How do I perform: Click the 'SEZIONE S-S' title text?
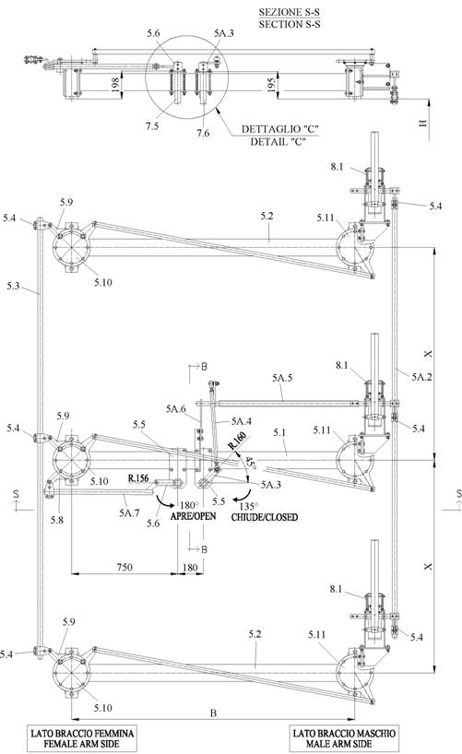coord(290,12)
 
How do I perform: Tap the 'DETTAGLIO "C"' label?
coord(280,129)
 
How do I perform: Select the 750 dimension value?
coord(124,567)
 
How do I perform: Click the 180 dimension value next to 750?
coord(190,567)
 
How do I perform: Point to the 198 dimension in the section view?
coord(115,85)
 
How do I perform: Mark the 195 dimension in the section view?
coord(271,85)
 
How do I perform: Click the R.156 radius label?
coord(138,478)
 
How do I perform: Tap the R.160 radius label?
coord(238,441)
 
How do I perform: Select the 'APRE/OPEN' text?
coord(193,516)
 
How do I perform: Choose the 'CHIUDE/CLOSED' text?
coord(265,517)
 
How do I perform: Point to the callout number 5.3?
coord(14,286)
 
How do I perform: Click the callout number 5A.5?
coord(282,378)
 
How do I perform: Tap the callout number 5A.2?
coord(421,377)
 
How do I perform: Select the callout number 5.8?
coord(57,520)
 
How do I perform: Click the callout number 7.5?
coord(152,126)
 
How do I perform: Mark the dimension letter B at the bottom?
coord(213,713)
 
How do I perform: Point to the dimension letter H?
coord(423,123)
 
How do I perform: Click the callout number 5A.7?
coord(129,513)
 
